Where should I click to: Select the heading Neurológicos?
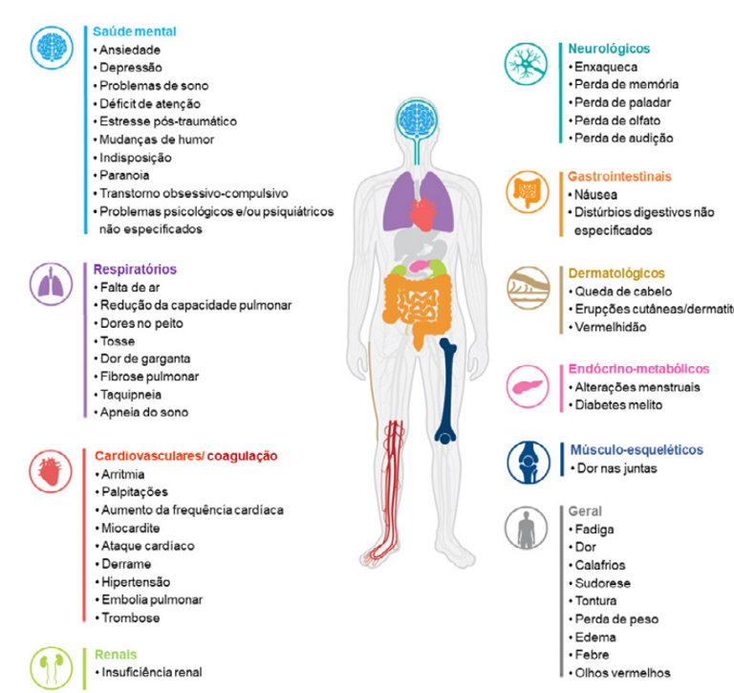click(x=609, y=48)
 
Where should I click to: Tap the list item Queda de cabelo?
click(x=623, y=291)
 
